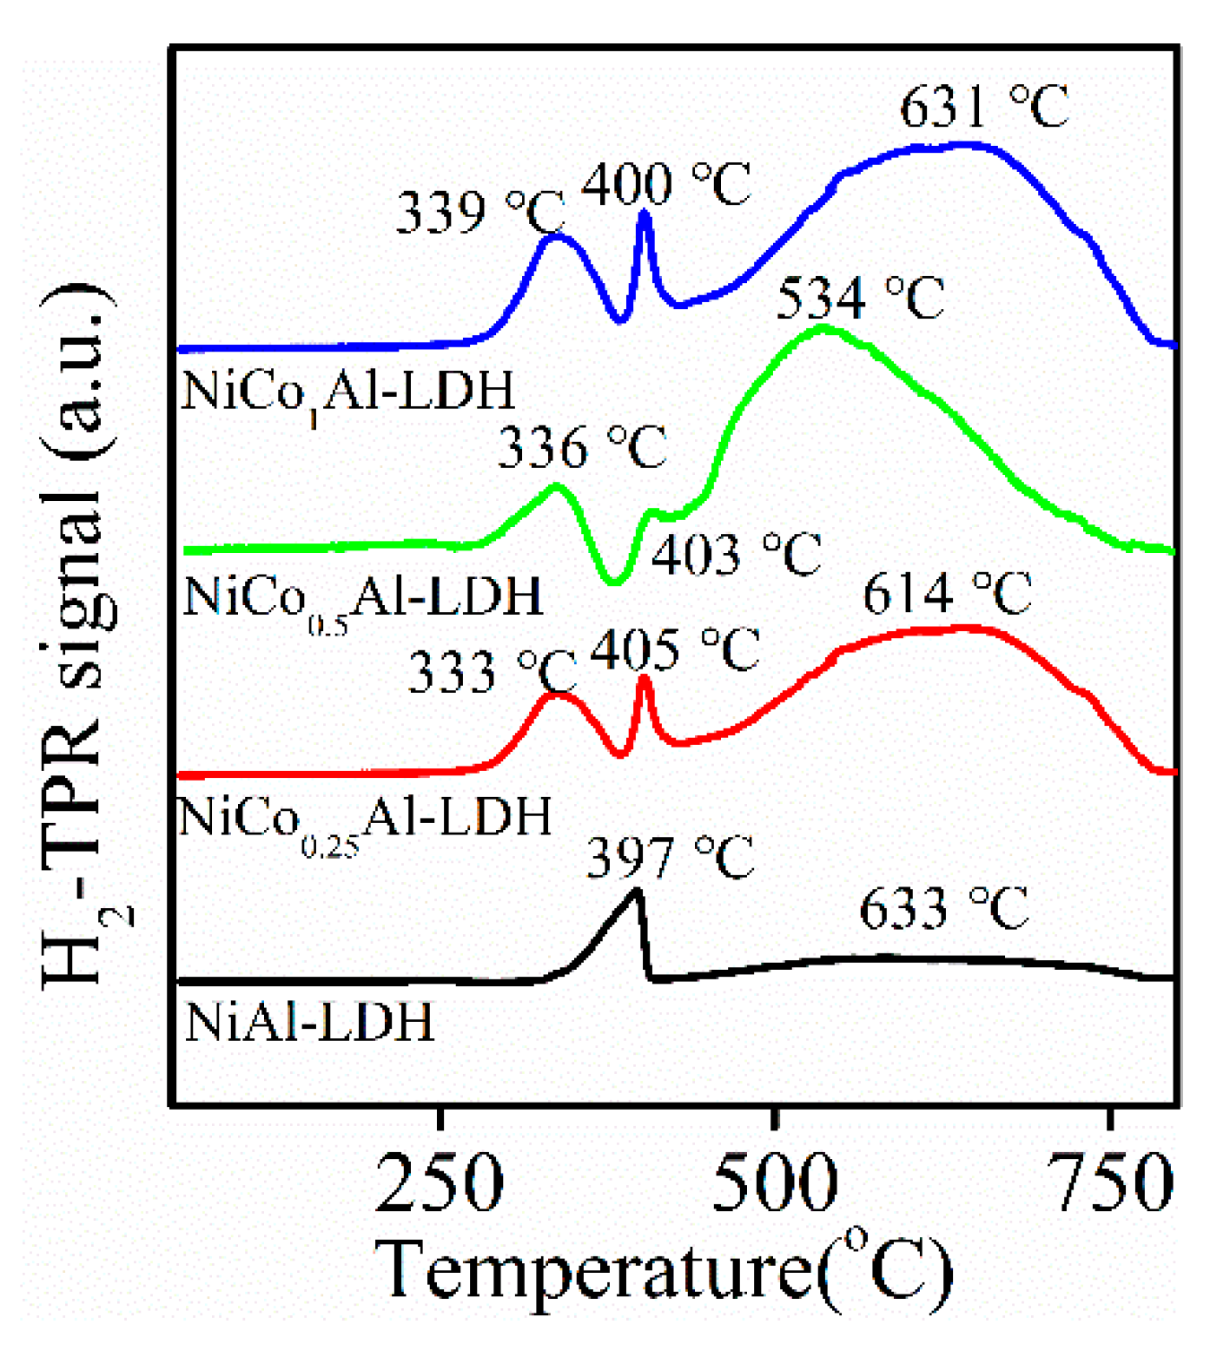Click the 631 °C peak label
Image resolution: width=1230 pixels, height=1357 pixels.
(983, 108)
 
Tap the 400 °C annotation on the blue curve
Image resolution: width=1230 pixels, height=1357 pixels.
(665, 184)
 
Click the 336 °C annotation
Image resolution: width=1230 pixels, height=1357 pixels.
(582, 447)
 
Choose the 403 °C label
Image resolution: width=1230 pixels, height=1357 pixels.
(736, 555)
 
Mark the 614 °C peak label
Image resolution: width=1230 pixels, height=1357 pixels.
(947, 594)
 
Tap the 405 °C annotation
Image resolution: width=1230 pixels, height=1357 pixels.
(675, 649)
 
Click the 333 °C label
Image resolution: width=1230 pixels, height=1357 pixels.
(492, 671)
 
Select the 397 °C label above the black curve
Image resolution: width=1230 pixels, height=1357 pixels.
(671, 858)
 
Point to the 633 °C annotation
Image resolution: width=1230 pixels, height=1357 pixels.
(943, 909)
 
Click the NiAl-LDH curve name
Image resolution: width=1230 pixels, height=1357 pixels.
(309, 1023)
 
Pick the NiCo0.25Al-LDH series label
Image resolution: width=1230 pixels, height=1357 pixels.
(365, 820)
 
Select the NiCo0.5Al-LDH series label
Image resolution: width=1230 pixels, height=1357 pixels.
(363, 599)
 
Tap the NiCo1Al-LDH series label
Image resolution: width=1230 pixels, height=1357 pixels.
(348, 393)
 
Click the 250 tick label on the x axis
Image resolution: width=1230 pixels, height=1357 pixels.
(440, 1183)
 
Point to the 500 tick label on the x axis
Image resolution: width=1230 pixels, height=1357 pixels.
(775, 1183)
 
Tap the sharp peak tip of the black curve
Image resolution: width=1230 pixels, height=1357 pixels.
(638, 891)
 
